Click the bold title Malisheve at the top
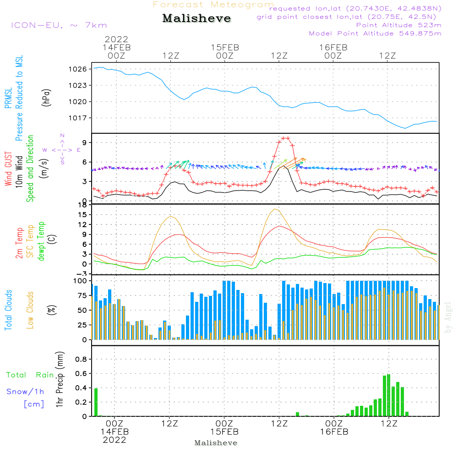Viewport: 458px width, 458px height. pyautogui.click(x=196, y=19)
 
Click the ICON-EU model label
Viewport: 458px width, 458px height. pyautogui.click(x=59, y=25)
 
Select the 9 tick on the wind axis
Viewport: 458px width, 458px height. pyautogui.click(x=85, y=143)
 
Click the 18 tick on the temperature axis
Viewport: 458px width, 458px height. pyautogui.click(x=83, y=205)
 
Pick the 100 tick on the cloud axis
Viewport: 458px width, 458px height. pyautogui.click(x=81, y=280)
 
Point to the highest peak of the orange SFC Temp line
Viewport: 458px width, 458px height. pyautogui.click(x=275, y=209)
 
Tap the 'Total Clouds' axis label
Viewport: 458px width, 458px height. pyautogui.click(x=9, y=310)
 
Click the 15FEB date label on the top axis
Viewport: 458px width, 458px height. pyautogui.click(x=224, y=47)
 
